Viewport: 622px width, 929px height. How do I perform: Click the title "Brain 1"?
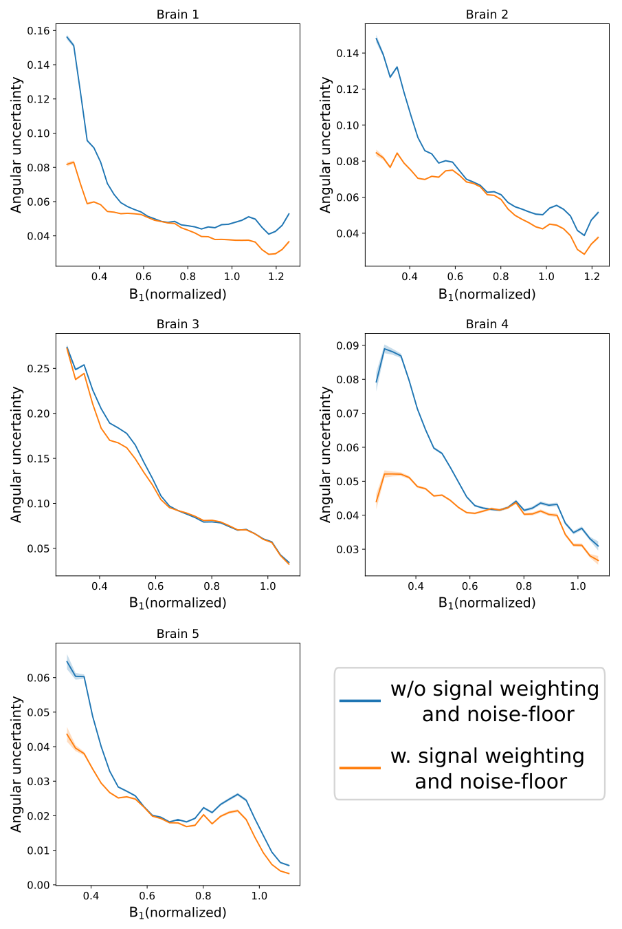(177, 14)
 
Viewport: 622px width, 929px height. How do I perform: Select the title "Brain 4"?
(487, 324)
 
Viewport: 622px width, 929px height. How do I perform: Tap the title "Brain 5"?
(177, 634)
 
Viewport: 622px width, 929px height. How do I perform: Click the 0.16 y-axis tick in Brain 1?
(38, 31)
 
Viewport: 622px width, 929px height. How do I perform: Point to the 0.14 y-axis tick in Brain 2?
(347, 54)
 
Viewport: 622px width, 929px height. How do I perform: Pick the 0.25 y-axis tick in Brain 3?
(38, 369)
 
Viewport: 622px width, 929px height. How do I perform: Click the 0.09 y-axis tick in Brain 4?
(347, 345)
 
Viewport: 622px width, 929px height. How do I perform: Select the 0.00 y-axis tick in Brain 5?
(38, 885)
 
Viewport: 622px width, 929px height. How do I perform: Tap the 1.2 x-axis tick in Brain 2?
(592, 277)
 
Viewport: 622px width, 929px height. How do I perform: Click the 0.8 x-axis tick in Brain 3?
(212, 586)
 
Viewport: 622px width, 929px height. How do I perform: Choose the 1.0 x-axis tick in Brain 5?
(259, 896)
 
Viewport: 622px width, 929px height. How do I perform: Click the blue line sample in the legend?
(359, 701)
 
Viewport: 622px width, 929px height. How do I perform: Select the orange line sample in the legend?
(359, 767)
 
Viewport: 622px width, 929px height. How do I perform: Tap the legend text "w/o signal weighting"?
(495, 689)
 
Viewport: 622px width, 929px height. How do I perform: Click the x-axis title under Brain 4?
(487, 603)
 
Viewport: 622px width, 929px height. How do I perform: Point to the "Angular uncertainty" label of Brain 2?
(326, 145)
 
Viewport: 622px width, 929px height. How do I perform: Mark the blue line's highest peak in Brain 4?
(385, 349)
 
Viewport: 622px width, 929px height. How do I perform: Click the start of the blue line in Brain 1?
(67, 36)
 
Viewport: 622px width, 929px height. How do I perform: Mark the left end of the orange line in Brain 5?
(67, 734)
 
